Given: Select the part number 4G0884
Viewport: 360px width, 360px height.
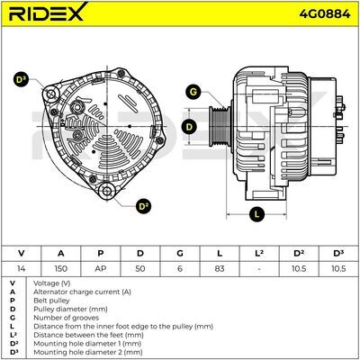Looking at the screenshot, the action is (x=325, y=13).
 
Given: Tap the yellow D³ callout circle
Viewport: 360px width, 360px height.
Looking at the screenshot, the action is (x=21, y=79).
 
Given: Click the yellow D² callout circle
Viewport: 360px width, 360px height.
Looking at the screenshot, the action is (x=143, y=206).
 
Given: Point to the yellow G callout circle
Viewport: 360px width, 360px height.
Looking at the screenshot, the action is (x=193, y=92).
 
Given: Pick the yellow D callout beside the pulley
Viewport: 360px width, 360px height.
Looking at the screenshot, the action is (x=189, y=127).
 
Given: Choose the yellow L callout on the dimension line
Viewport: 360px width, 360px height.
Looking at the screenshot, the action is (x=256, y=214).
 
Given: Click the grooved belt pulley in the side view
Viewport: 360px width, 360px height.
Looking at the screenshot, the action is (x=220, y=126).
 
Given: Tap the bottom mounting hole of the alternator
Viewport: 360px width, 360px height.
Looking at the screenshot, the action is (x=107, y=191).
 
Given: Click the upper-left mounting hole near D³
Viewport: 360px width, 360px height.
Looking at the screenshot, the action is (x=50, y=94).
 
